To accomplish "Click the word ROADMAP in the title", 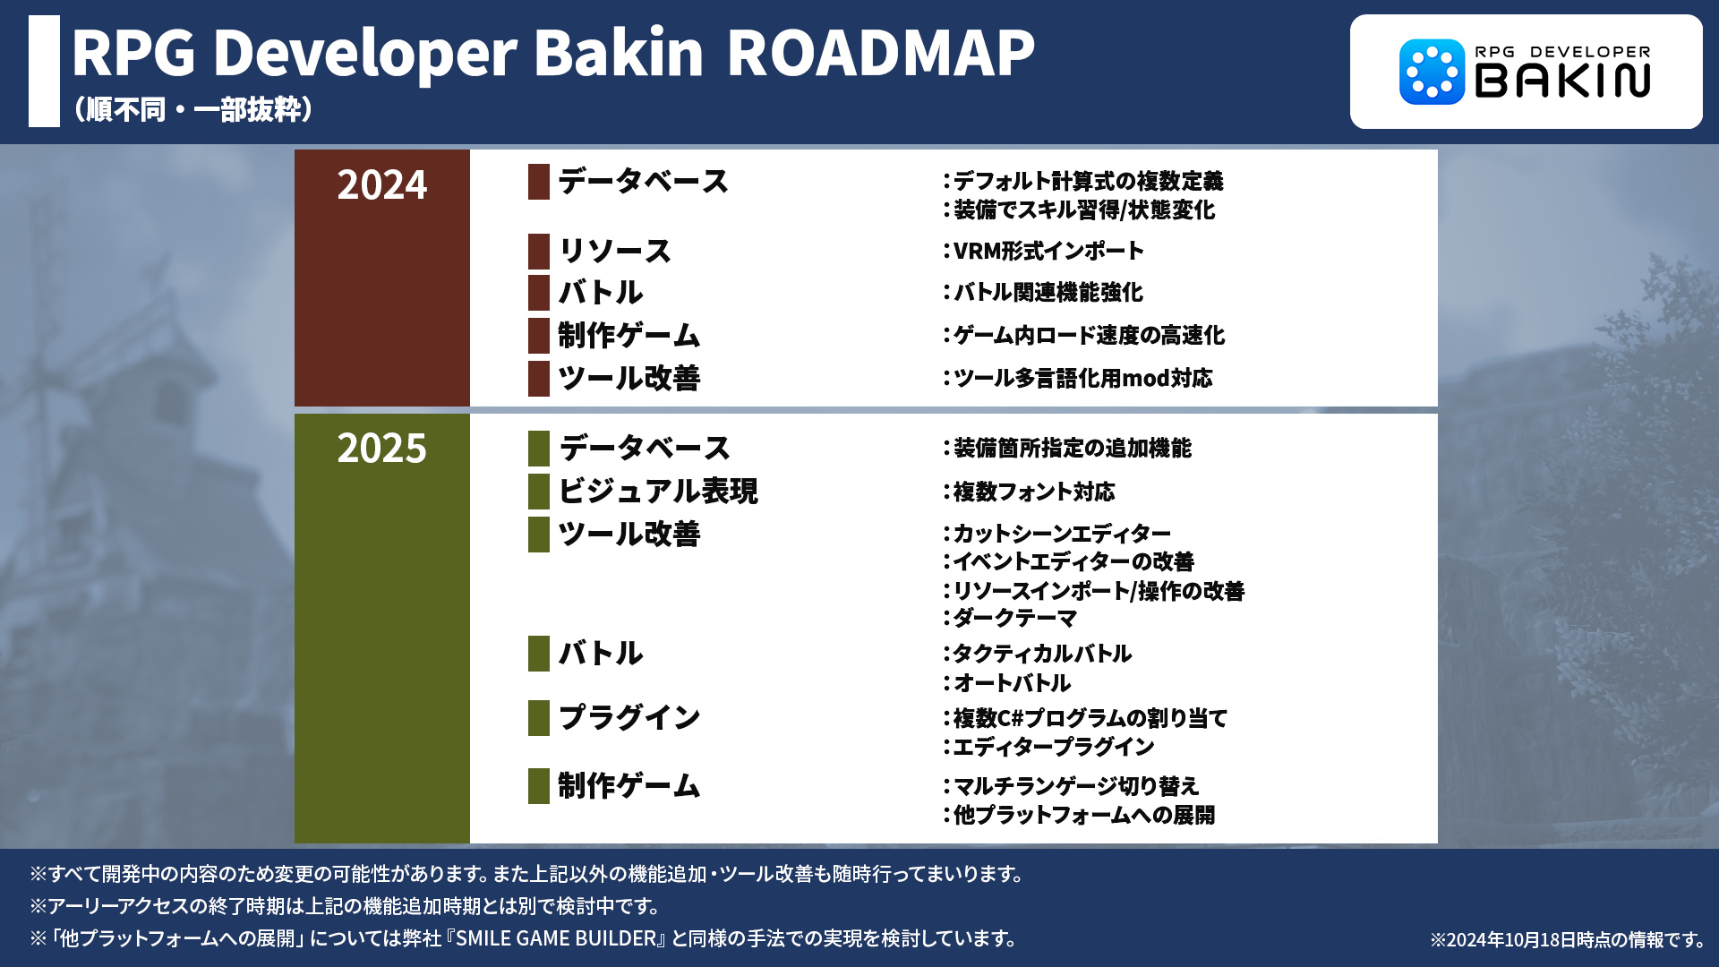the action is click(880, 53).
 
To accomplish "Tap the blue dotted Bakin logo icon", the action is click(1432, 72).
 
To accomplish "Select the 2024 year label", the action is click(382, 185).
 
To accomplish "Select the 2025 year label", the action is click(382, 449).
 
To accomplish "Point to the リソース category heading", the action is click(615, 251).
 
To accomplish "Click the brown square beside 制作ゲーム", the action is click(539, 336).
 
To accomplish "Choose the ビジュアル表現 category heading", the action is click(658, 491).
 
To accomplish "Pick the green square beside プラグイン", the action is click(539, 718).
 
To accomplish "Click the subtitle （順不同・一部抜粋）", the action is click(193, 109).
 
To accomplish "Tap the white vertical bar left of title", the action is click(44, 71).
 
